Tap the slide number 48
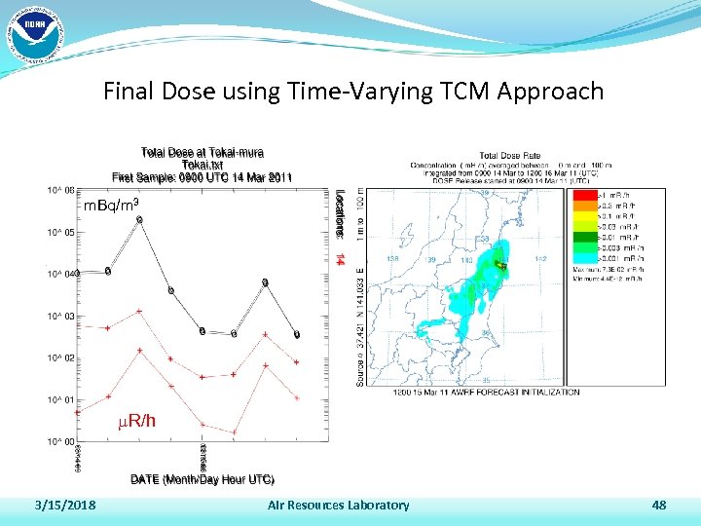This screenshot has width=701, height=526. (659, 505)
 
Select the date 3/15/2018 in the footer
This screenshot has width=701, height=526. (64, 505)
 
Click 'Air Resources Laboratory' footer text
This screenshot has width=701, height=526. (338, 505)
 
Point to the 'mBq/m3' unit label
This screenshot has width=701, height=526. (112, 205)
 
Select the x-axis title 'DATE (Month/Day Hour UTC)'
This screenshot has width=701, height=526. (203, 479)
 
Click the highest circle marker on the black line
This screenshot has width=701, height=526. (139, 220)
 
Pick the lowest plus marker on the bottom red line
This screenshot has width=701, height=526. (234, 432)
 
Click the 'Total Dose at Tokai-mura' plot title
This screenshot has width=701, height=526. (203, 153)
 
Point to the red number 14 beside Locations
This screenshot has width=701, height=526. (339, 259)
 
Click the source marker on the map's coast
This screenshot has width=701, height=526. (501, 265)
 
